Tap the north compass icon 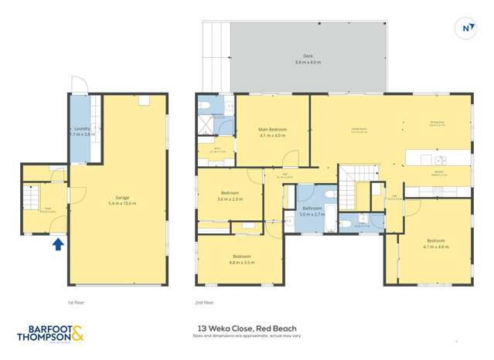(466, 29)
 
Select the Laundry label (81, 131)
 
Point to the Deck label (307, 59)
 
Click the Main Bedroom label (272, 131)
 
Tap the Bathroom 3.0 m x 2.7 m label (312, 210)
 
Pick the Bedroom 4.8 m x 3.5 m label (241, 258)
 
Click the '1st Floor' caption (75, 303)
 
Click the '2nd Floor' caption (206, 303)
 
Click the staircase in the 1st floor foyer (31, 200)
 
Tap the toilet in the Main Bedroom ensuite (206, 107)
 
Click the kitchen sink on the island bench (438, 159)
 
